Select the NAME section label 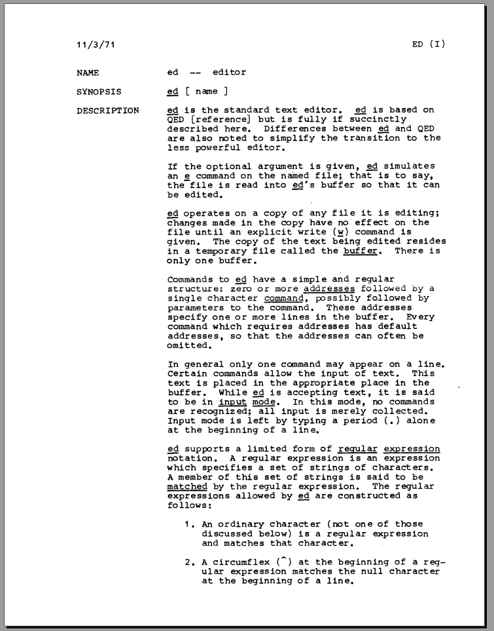tap(88, 73)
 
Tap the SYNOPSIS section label tap(99, 92)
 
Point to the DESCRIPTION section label tap(107, 111)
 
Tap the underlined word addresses tap(332, 289)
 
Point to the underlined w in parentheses tap(340, 233)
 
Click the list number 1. tap(187, 524)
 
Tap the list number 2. tap(187, 562)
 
